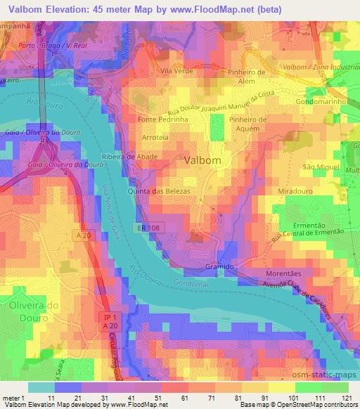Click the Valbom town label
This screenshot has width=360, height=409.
click(202, 160)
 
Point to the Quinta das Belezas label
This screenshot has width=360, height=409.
click(154, 190)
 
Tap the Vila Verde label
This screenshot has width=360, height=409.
click(176, 72)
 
